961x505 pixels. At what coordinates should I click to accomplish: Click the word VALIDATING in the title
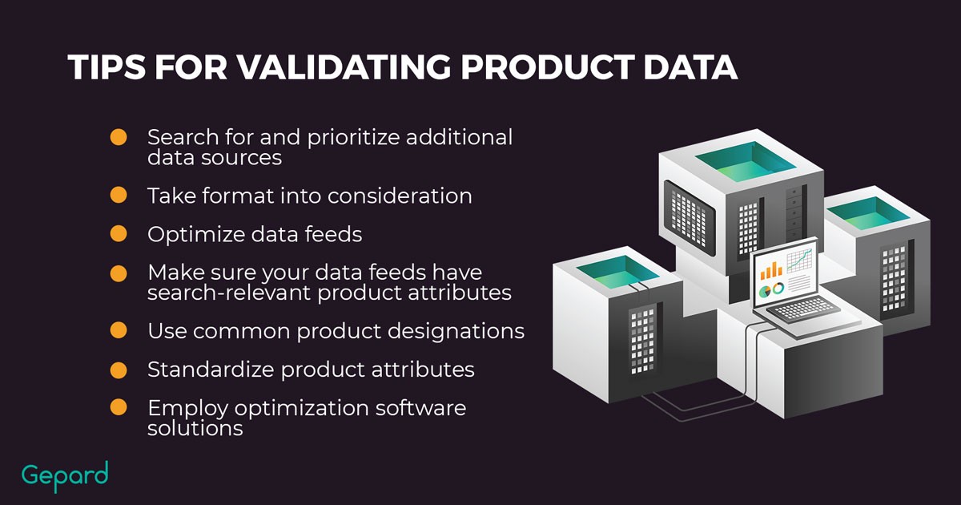pyautogui.click(x=344, y=67)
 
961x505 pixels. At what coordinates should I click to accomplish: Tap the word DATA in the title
pyautogui.click(x=690, y=67)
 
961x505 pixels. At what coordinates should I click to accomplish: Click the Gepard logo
pyautogui.click(x=65, y=477)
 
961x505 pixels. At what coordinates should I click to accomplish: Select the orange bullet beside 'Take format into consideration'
pyautogui.click(x=119, y=195)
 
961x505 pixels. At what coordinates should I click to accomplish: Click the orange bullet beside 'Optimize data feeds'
pyautogui.click(x=119, y=233)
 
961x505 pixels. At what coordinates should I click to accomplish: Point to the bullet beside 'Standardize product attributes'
pyautogui.click(x=119, y=370)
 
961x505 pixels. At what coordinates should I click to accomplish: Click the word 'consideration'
pyautogui.click(x=400, y=196)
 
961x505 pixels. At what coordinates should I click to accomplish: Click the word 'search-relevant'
pyautogui.click(x=229, y=293)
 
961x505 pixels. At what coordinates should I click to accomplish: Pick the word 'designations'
pyautogui.click(x=453, y=332)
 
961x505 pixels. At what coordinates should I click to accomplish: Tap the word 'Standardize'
pyautogui.click(x=211, y=370)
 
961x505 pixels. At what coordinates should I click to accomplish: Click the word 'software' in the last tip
pyautogui.click(x=421, y=407)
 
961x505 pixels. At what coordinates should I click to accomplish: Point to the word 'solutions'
pyautogui.click(x=195, y=428)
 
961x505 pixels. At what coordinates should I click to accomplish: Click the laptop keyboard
pyautogui.click(x=802, y=310)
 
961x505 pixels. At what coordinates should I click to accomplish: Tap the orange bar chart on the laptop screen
pyautogui.click(x=771, y=270)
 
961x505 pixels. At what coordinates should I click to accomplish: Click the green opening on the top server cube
pyautogui.click(x=746, y=161)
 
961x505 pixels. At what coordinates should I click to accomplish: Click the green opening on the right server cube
pyautogui.click(x=869, y=213)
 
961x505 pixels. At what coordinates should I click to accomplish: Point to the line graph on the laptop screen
pyautogui.click(x=800, y=261)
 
